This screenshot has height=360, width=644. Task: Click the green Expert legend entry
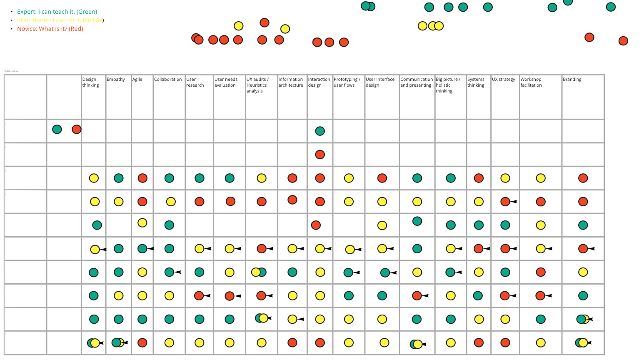pyautogui.click(x=57, y=12)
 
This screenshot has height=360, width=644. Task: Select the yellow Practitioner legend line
pyautogui.click(x=60, y=20)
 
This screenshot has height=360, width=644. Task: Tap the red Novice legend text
pyautogui.click(x=50, y=29)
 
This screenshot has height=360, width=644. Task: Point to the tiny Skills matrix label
pyautogui.click(x=11, y=71)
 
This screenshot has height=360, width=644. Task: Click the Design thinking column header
pyautogui.click(x=90, y=82)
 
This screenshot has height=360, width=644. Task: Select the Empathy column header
pyautogui.click(x=116, y=79)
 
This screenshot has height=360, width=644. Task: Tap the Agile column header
pyautogui.click(x=137, y=79)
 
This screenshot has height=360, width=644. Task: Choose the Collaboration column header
pyautogui.click(x=168, y=79)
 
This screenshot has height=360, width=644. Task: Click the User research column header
pyautogui.click(x=195, y=82)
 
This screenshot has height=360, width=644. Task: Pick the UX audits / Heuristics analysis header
pyautogui.click(x=257, y=85)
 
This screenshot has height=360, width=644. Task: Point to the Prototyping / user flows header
pyautogui.click(x=347, y=82)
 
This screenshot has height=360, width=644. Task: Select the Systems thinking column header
pyautogui.click(x=476, y=82)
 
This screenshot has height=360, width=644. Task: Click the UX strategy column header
pyautogui.click(x=503, y=79)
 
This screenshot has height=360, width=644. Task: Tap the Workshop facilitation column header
pyautogui.click(x=531, y=82)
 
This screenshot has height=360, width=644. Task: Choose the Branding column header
pyautogui.click(x=572, y=79)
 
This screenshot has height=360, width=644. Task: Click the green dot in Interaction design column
pyautogui.click(x=320, y=131)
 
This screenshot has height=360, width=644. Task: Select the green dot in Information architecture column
pyautogui.click(x=292, y=272)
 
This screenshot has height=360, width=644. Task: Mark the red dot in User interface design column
pyautogui.click(x=382, y=178)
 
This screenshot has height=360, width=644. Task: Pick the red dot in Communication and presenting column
pyautogui.click(x=417, y=295)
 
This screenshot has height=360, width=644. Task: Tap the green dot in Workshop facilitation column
pyautogui.click(x=541, y=319)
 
